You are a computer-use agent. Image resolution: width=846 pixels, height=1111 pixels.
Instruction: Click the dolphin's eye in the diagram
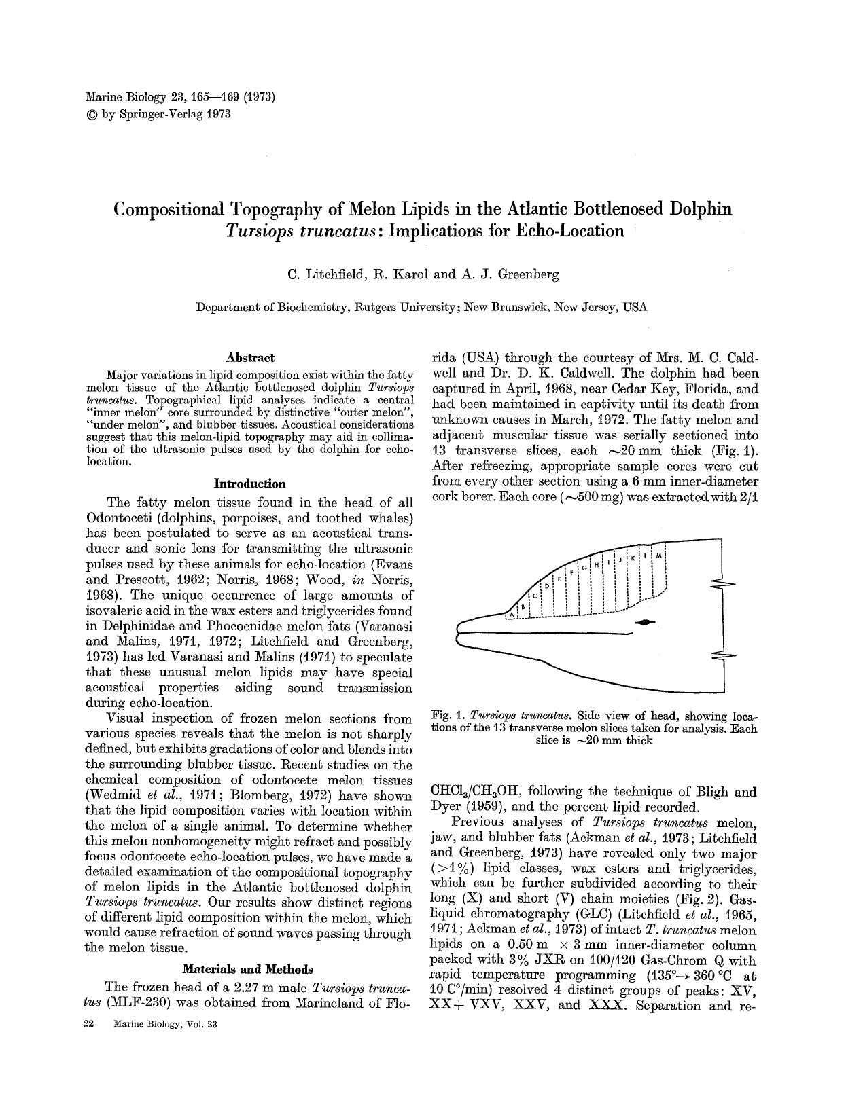(646, 621)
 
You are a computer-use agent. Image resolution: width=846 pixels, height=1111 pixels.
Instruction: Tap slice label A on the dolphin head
(511, 614)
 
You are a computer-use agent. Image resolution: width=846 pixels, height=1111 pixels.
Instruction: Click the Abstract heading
(249, 357)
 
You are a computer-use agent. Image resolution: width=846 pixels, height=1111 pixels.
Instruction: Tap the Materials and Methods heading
(249, 968)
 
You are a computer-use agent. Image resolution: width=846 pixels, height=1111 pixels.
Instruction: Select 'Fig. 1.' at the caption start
(448, 716)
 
